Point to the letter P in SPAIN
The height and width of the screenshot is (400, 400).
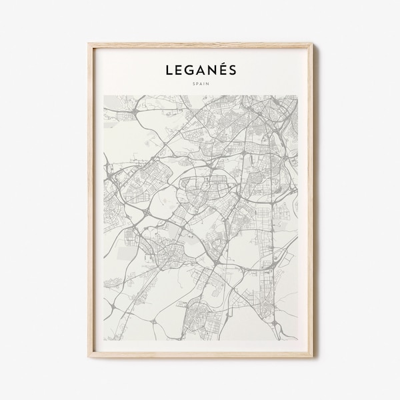[x=195, y=84]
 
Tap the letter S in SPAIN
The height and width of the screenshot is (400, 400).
[x=192, y=84]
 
